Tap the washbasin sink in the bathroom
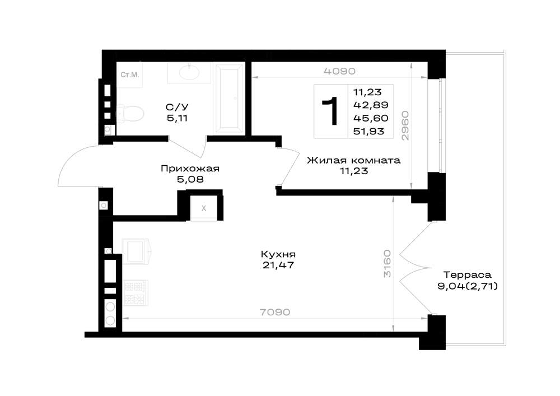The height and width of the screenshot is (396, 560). click(189, 73)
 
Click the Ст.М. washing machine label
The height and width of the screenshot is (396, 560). click(130, 75)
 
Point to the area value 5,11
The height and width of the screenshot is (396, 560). click(177, 118)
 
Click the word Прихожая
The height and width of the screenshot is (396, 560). click(190, 168)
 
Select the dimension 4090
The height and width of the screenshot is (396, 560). click(340, 72)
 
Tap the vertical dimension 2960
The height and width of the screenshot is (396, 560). click(405, 125)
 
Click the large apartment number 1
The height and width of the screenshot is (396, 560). click(331, 111)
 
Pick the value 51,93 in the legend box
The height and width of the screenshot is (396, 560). click(369, 132)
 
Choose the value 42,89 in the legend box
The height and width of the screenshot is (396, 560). click(371, 105)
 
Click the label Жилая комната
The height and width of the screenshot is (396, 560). click(353, 160)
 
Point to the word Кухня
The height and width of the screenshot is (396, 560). click(278, 255)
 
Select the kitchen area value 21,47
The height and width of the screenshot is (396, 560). click(278, 265)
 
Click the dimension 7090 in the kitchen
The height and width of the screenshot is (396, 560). click(274, 313)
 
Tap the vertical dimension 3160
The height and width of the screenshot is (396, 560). click(387, 264)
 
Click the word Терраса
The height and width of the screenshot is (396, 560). click(468, 275)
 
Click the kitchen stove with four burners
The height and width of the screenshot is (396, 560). click(136, 293)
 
